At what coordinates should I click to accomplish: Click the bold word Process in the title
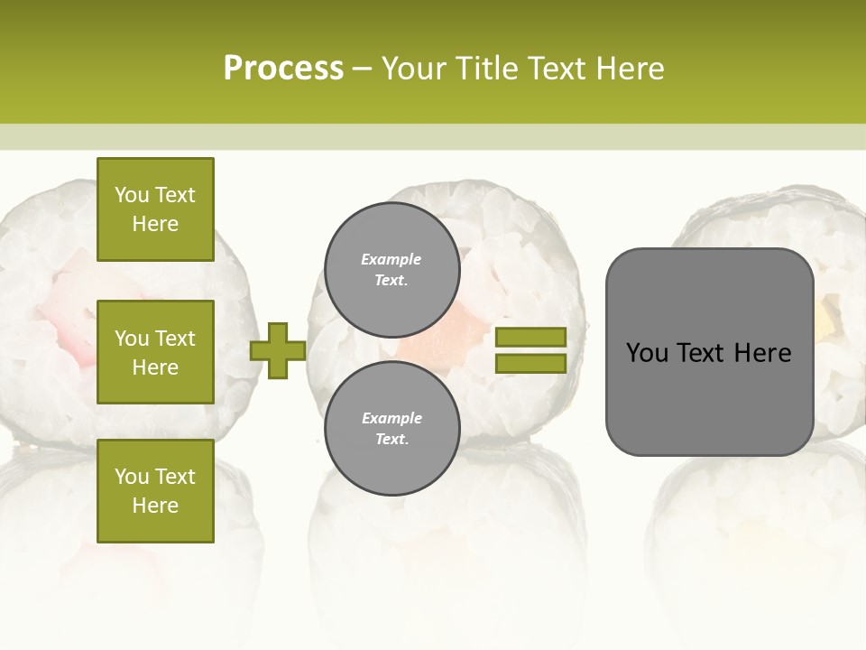pos(283,68)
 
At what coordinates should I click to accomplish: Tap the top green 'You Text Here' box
pos(155,209)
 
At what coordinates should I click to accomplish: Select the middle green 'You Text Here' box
pos(155,352)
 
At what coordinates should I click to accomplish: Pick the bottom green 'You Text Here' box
pos(155,490)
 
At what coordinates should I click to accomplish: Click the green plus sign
pos(278,350)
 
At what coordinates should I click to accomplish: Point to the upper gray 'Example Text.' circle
pos(392,270)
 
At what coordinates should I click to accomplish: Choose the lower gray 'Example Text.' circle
pos(392,429)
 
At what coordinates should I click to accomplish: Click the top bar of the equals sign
pos(530,337)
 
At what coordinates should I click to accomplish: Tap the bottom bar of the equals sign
pos(530,363)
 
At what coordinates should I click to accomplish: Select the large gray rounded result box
pos(709,352)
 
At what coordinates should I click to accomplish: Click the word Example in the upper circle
pos(392,259)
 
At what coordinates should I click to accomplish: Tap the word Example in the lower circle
pos(392,418)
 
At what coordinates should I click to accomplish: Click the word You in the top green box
pos(131,195)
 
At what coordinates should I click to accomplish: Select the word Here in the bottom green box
pos(155,506)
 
